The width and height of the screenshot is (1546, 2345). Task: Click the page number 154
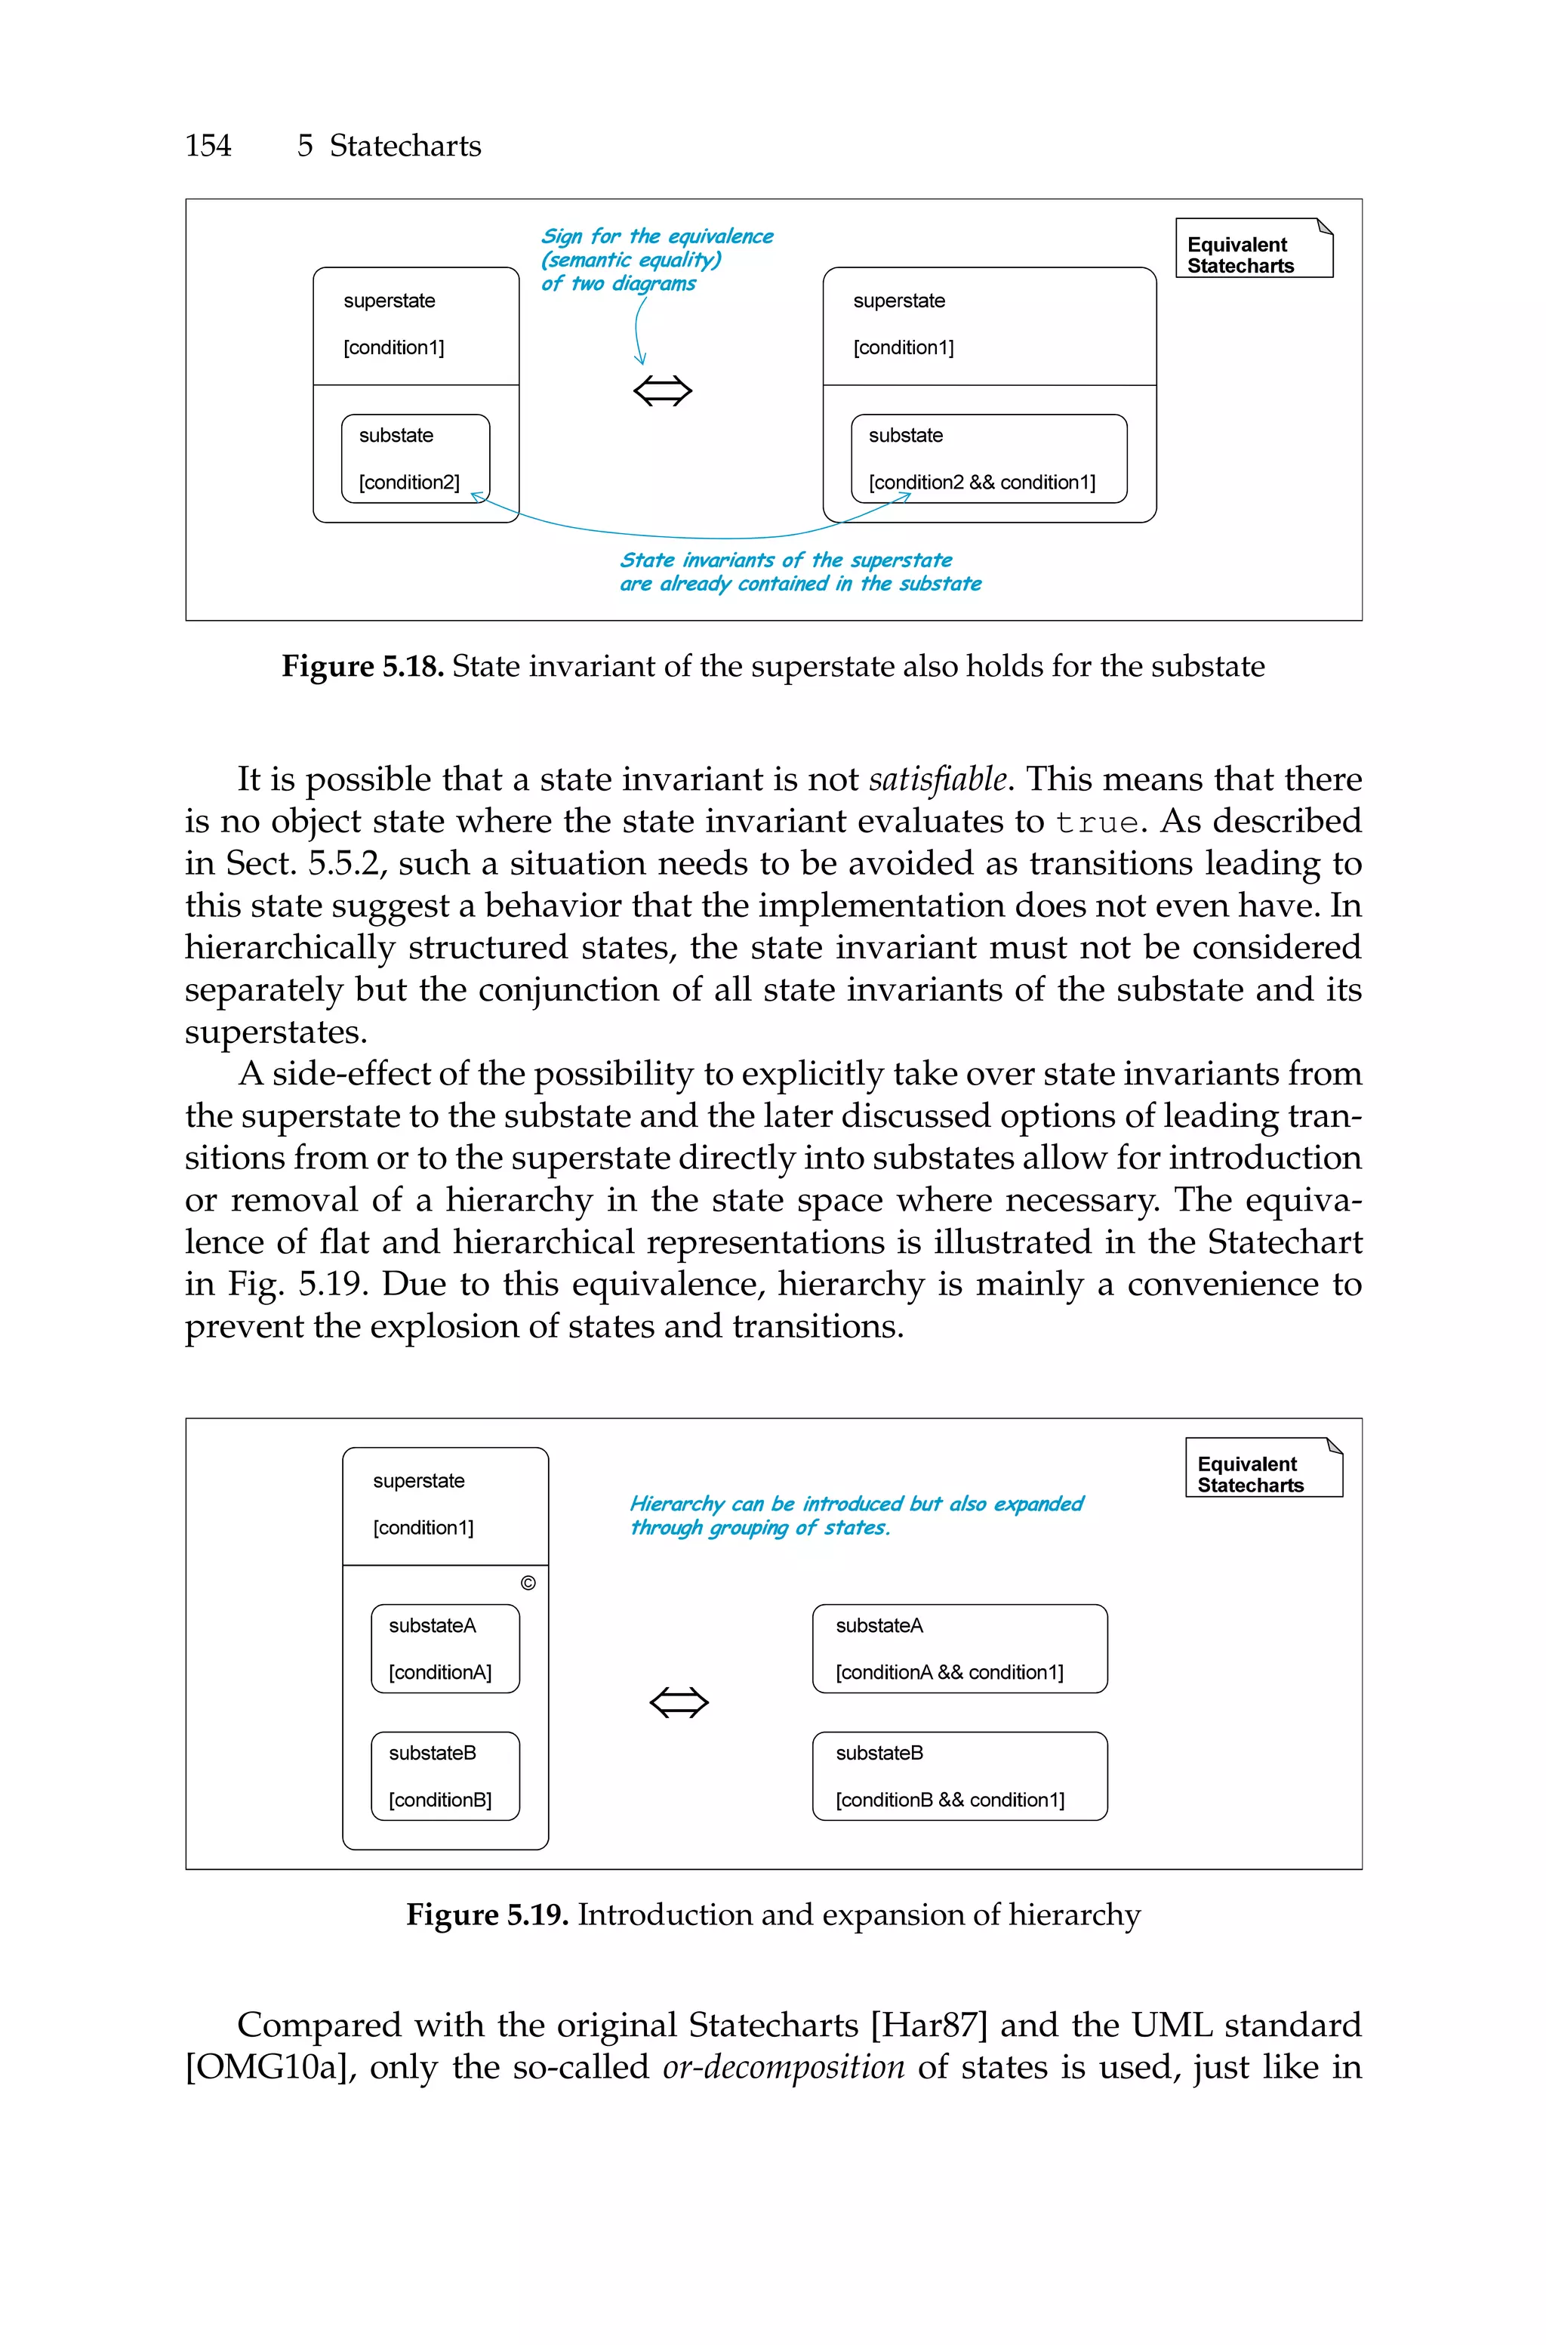[x=208, y=146]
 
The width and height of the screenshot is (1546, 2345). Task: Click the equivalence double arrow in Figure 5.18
[x=663, y=391]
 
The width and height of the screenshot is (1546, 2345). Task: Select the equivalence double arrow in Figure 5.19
[x=679, y=1702]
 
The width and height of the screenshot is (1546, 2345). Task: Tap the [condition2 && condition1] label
[x=981, y=482]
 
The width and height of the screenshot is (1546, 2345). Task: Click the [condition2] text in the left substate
[x=409, y=482]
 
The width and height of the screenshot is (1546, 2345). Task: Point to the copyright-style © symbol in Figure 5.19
[x=528, y=1583]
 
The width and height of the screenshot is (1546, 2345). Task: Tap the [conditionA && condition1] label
[x=950, y=1672]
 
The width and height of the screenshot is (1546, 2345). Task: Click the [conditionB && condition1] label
[x=950, y=1800]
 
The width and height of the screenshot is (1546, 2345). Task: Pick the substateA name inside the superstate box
[x=432, y=1625]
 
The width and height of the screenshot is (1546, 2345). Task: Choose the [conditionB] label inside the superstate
[x=440, y=1800]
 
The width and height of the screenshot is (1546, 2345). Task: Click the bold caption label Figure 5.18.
[x=362, y=667]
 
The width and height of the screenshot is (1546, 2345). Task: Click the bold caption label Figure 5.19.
[x=487, y=1915]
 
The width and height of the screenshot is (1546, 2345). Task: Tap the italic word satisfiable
[x=938, y=780]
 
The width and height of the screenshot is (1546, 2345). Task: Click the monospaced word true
[x=1096, y=823]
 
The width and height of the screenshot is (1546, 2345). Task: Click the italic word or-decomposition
[x=783, y=2068]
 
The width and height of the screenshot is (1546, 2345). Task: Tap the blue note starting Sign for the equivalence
[x=656, y=259]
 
